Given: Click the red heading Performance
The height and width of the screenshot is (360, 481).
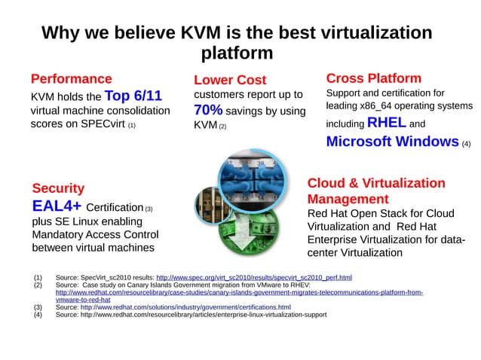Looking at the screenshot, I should tap(71, 78).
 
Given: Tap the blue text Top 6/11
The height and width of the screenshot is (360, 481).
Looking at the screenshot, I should tap(133, 96).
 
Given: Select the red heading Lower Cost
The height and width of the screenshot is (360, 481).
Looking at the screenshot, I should tap(230, 80).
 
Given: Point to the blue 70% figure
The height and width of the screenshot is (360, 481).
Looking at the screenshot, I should tap(208, 111).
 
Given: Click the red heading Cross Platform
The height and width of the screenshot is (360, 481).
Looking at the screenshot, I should tap(373, 78).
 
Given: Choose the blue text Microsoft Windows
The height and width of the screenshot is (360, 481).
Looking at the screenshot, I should tap(392, 142).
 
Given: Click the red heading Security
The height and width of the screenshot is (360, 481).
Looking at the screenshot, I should tap(58, 188).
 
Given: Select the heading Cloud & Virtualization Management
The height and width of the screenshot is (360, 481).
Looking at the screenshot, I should tap(375, 191).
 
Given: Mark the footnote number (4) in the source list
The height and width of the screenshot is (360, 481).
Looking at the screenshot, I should tap(39, 315).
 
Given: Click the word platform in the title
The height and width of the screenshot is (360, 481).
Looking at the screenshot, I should tap(237, 53).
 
